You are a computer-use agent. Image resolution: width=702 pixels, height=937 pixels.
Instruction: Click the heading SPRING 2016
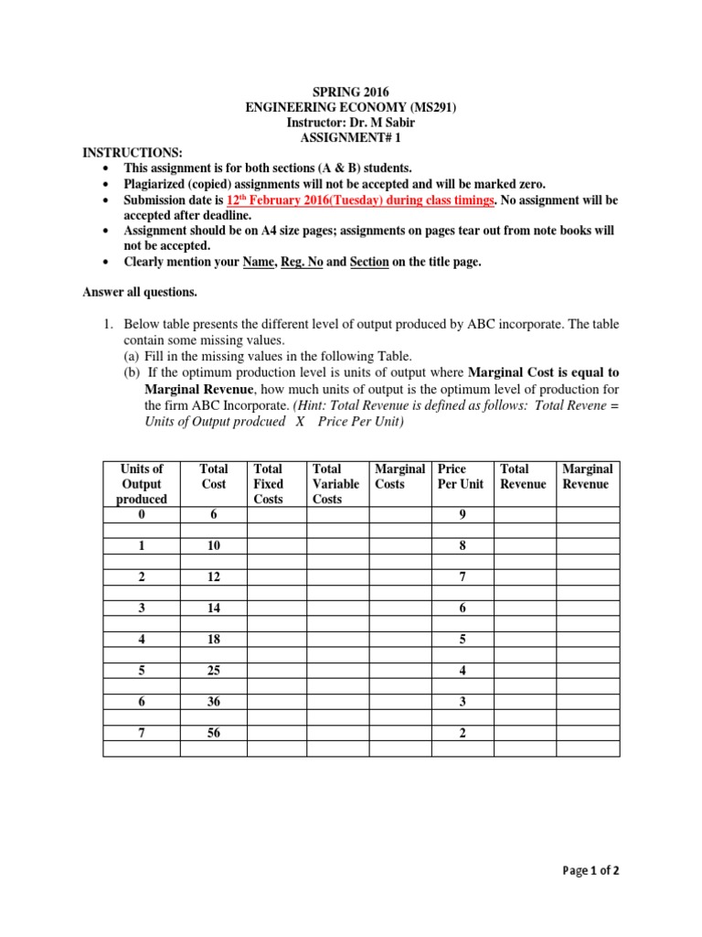click(x=351, y=92)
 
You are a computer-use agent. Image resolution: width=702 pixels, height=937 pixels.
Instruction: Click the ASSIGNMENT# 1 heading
click(x=351, y=138)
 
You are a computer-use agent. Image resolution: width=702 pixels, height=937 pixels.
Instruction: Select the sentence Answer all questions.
click(x=139, y=293)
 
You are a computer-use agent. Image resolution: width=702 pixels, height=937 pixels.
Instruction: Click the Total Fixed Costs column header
click(x=269, y=484)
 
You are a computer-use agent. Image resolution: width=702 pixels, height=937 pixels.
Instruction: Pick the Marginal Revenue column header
click(x=587, y=476)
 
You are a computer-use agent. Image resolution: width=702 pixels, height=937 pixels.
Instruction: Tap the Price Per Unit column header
click(x=462, y=476)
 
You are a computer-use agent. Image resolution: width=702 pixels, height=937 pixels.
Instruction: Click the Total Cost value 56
click(x=213, y=733)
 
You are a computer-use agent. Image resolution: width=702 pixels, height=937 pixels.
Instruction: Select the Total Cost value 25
click(x=213, y=671)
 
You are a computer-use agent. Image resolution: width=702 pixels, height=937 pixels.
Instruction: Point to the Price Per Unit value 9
click(x=463, y=515)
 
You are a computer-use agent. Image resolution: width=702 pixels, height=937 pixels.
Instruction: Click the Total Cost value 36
click(x=213, y=702)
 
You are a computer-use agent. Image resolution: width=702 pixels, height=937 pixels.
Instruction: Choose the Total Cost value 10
click(x=213, y=546)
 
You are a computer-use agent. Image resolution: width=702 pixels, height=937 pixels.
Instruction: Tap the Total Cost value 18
click(x=213, y=640)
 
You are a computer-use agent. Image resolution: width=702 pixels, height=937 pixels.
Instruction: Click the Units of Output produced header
click(x=142, y=484)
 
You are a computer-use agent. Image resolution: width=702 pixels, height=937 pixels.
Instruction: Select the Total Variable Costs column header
click(x=335, y=484)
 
